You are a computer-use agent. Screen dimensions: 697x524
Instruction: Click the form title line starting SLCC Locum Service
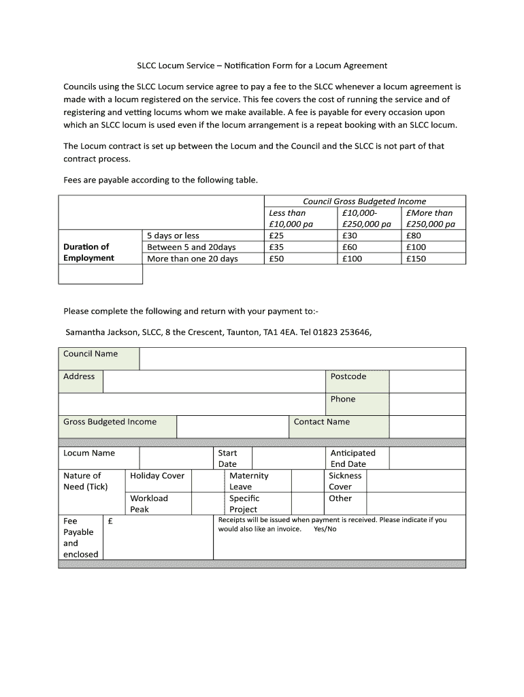coord(262,65)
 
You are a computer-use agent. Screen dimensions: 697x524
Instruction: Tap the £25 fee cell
coord(276,236)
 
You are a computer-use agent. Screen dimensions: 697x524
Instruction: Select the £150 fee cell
coord(415,259)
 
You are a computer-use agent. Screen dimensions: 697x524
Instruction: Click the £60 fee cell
coord(350,247)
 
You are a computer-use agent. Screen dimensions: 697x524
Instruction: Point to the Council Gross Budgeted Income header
coord(364,201)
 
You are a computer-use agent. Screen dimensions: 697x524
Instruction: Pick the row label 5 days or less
coord(173,236)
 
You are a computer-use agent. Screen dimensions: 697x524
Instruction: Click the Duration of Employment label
coord(88,252)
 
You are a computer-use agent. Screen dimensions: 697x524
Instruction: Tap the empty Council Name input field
coord(302,359)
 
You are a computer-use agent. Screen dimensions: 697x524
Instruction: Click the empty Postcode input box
coord(427,381)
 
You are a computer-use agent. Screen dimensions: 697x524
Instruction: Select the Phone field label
coord(343,399)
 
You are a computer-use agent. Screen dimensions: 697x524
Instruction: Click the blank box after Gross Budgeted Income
coord(232,427)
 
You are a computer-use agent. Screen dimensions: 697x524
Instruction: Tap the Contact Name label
coord(321,422)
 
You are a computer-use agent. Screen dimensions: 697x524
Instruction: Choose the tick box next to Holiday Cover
coord(208,481)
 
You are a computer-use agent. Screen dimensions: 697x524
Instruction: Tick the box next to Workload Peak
coord(208,503)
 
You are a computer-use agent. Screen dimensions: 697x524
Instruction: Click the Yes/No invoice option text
coord(325,529)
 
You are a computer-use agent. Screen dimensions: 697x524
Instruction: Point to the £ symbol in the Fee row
coord(110,521)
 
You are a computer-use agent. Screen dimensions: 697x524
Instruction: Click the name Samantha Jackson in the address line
coord(101,333)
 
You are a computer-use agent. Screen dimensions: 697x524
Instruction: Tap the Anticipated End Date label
coord(353,458)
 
